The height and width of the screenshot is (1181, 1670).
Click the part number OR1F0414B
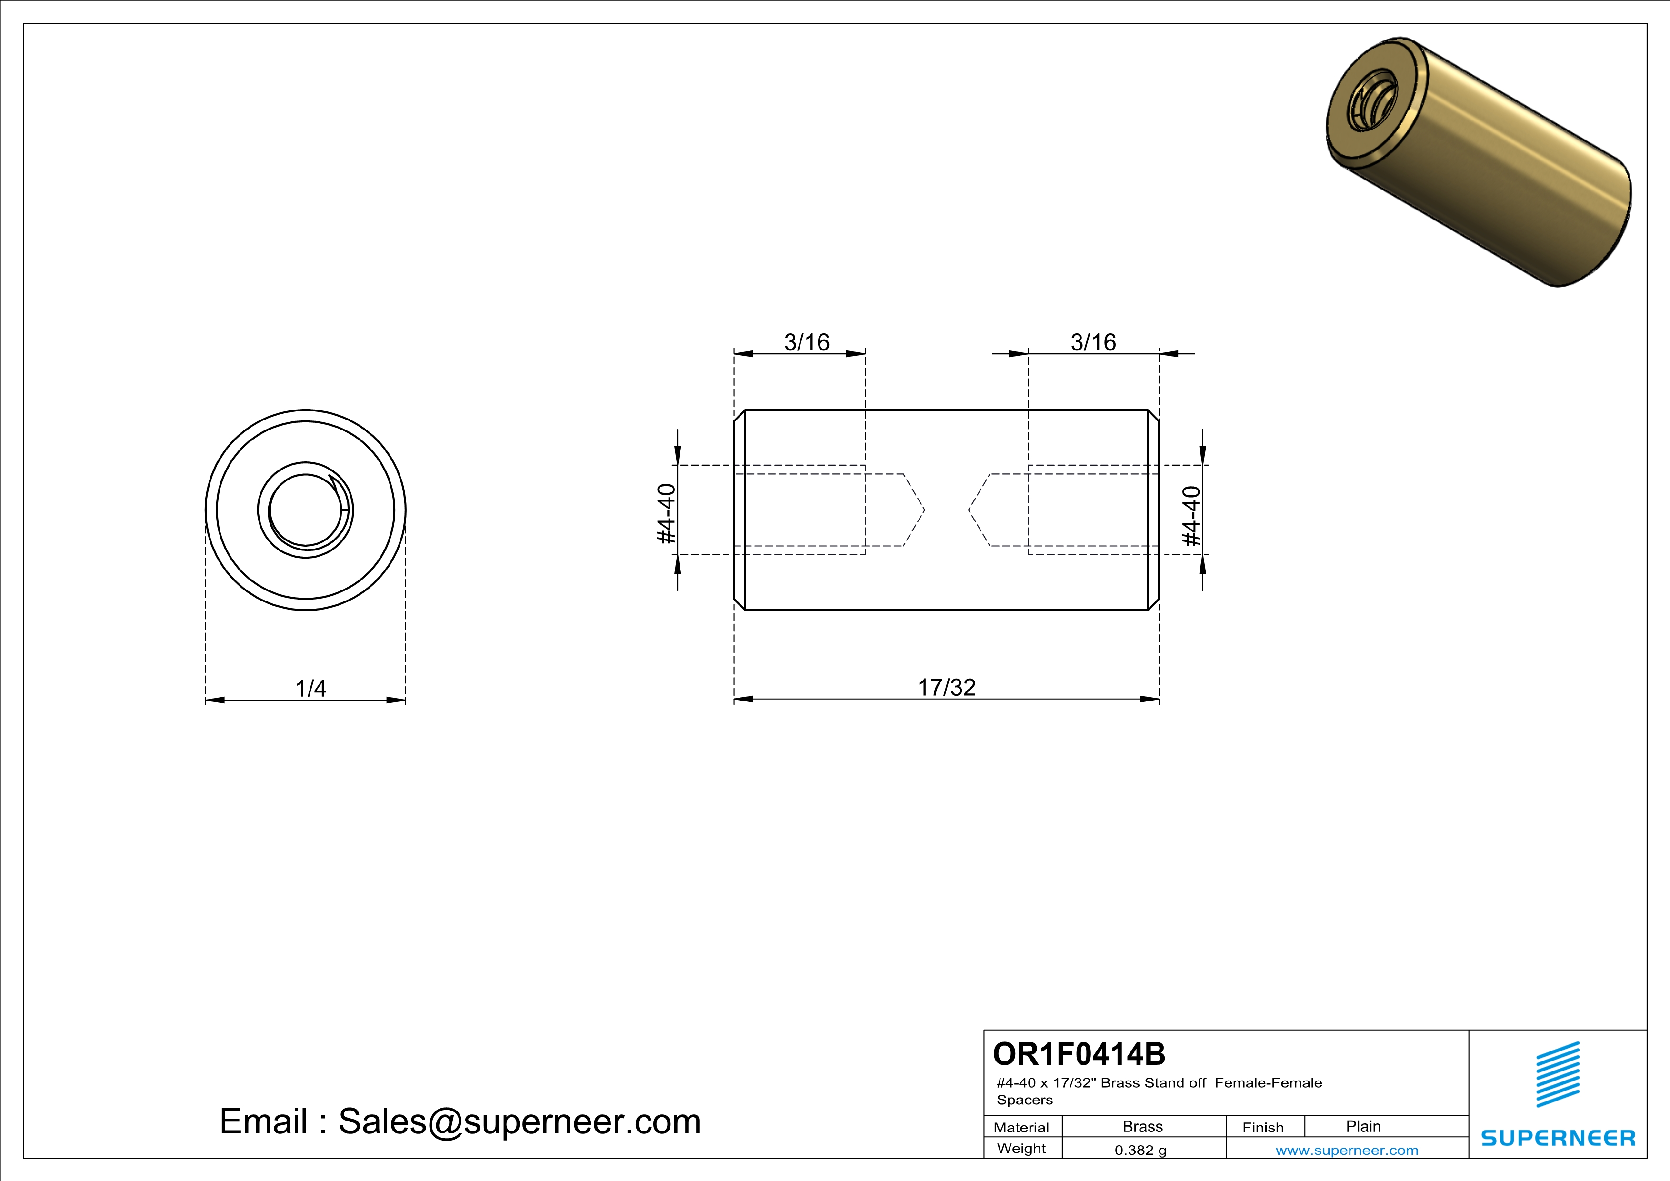tap(1079, 1054)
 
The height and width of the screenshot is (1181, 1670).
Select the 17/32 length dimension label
tap(946, 687)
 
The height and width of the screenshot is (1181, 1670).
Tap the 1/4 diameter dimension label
tap(310, 688)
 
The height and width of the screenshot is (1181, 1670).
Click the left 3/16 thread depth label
tap(807, 342)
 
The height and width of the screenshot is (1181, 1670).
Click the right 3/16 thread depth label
tap(1093, 342)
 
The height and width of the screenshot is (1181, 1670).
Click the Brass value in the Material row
tap(1143, 1126)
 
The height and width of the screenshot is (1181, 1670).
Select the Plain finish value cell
tap(1363, 1126)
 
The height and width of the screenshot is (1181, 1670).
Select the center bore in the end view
tap(306, 510)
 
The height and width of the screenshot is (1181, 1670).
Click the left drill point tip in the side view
tap(924, 510)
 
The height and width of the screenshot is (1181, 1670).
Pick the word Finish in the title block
tap(1263, 1127)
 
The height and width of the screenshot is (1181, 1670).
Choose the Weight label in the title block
tap(1021, 1148)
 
